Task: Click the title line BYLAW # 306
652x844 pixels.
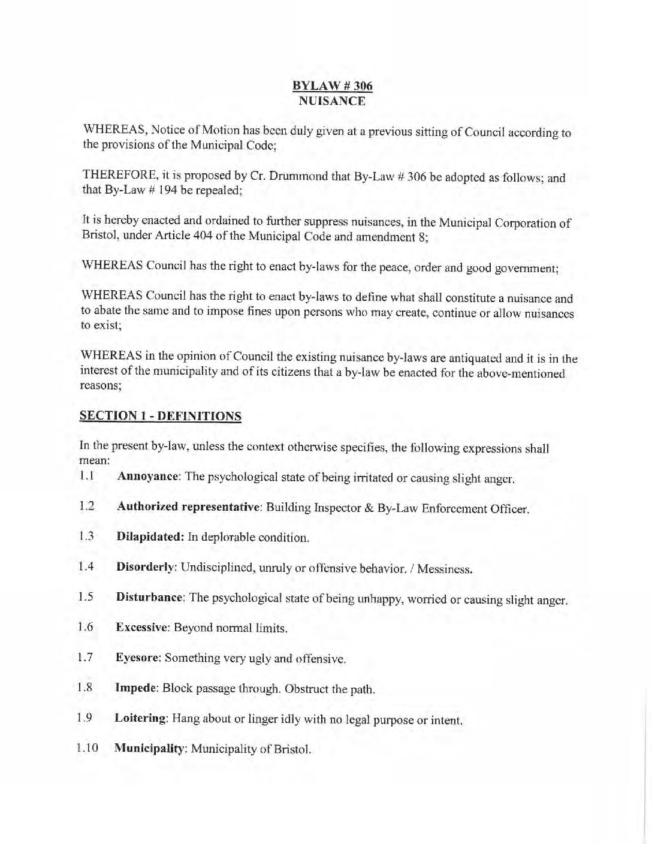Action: coord(332,86)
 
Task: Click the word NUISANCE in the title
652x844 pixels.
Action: coord(332,101)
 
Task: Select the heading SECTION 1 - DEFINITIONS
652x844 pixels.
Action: coord(161,415)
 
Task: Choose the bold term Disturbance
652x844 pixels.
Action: coord(150,598)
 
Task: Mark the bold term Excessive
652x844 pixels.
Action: coord(141,628)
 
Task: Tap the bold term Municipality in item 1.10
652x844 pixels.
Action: coord(150,749)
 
